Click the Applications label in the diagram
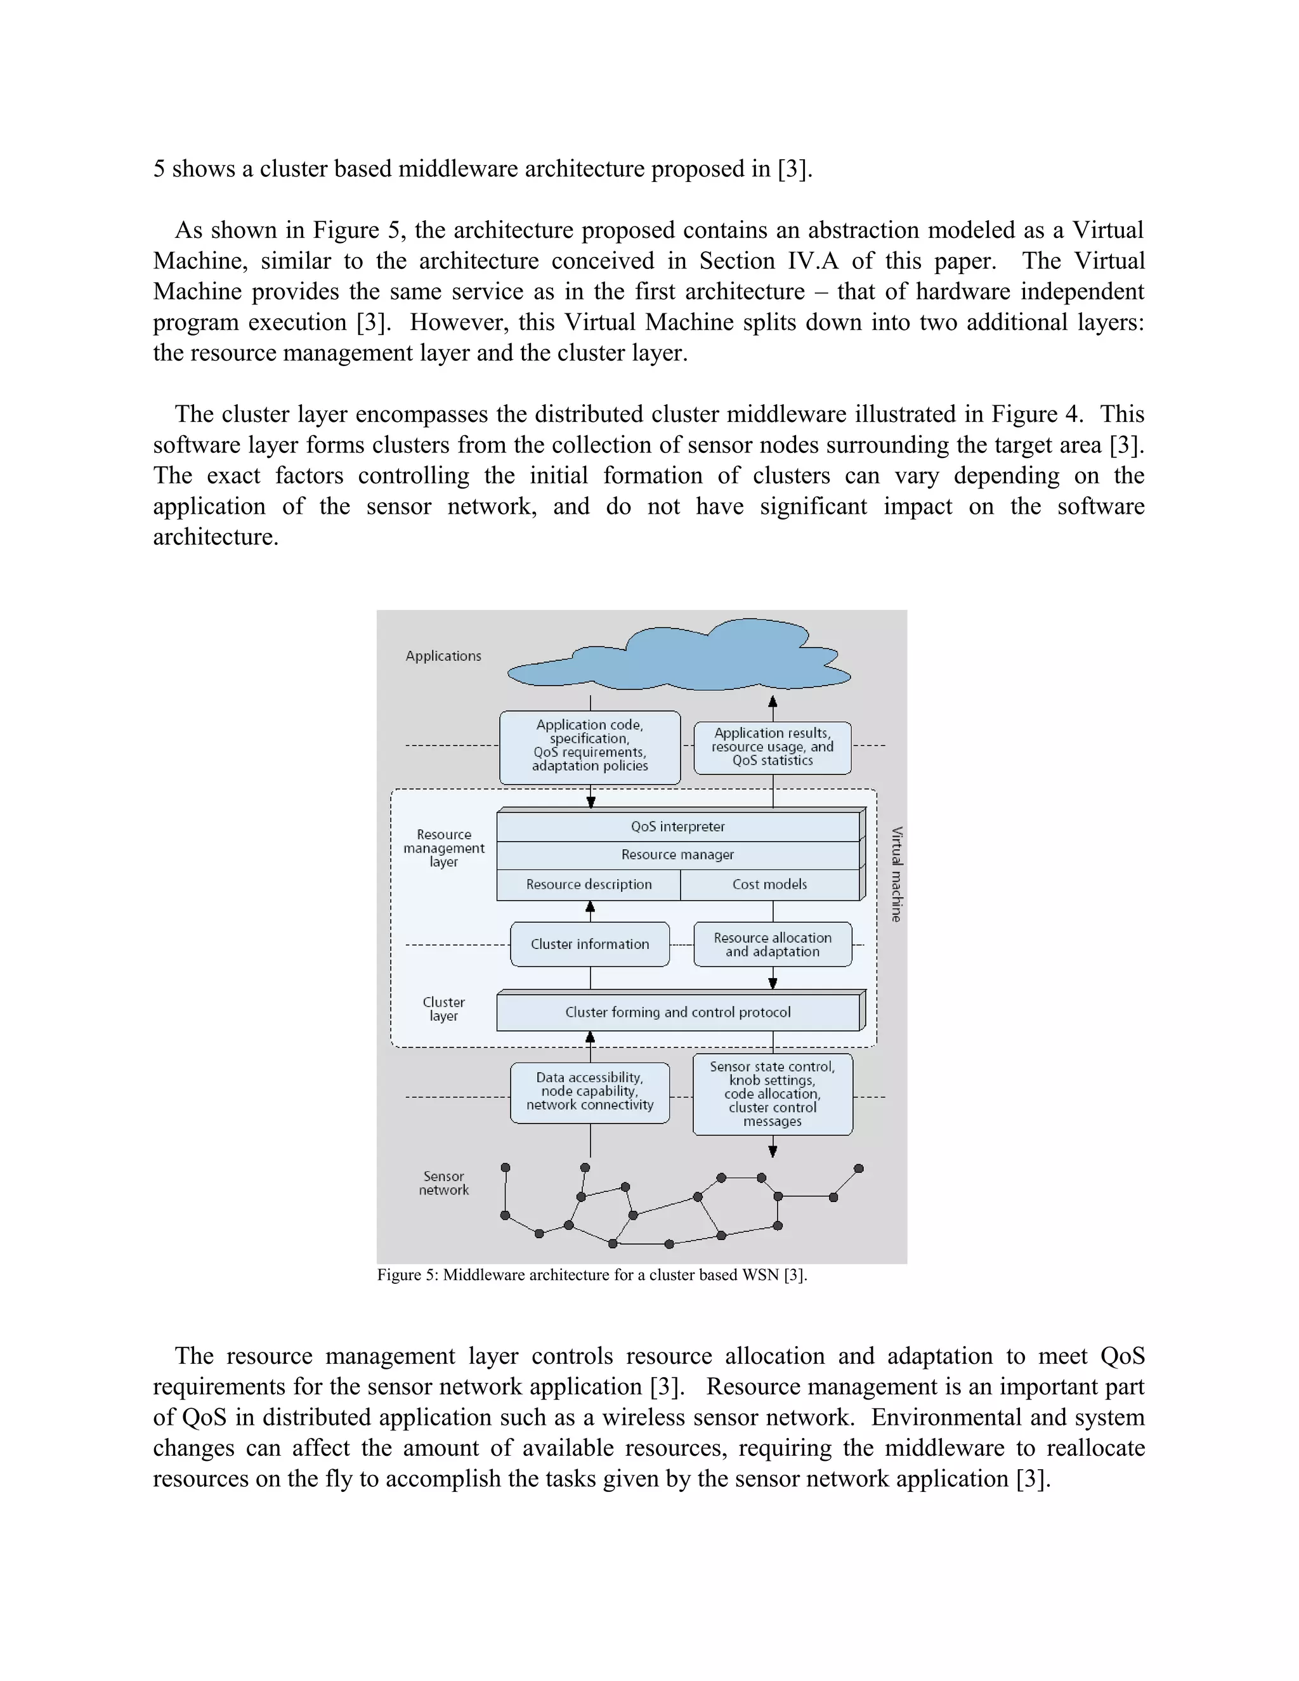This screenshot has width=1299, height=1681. tap(443, 656)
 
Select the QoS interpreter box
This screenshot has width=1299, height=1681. tap(677, 827)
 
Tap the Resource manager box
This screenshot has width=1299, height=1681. tap(677, 855)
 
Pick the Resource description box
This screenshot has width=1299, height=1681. tap(589, 884)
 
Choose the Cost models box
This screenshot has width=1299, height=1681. tap(769, 884)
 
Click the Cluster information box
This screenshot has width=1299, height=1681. tap(589, 945)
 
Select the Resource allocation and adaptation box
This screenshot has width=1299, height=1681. tap(773, 945)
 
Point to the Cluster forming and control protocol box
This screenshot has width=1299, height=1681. tap(677, 1012)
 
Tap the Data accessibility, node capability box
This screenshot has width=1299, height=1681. tap(589, 1092)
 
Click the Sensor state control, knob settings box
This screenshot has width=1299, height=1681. tap(773, 1094)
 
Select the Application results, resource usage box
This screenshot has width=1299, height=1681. tap(773, 747)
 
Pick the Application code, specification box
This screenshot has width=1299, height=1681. tap(589, 746)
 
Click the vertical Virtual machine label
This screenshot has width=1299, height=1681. tap(896, 874)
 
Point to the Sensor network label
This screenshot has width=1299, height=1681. tap(443, 1183)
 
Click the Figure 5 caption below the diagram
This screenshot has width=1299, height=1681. tap(591, 1274)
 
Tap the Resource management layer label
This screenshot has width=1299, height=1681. tap(443, 848)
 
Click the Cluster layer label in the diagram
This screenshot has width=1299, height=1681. tap(443, 1009)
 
